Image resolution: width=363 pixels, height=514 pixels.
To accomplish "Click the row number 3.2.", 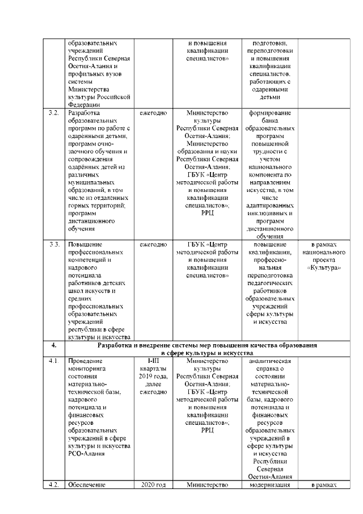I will coord(54,113).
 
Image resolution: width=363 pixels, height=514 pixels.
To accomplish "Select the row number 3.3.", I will coord(54,244).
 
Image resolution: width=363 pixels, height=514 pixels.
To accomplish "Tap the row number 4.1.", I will coord(54,361).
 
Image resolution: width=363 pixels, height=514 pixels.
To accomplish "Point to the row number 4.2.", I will coord(54,484).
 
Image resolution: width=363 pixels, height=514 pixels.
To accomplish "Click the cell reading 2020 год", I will coord(153,484).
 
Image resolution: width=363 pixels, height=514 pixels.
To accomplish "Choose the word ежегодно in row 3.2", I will coord(153,113).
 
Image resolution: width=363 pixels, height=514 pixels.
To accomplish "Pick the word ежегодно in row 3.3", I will coord(153,244).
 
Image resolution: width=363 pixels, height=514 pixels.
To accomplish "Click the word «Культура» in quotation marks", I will coord(324,267).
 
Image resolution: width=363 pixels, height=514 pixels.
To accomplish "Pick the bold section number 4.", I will coord(54,345).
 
